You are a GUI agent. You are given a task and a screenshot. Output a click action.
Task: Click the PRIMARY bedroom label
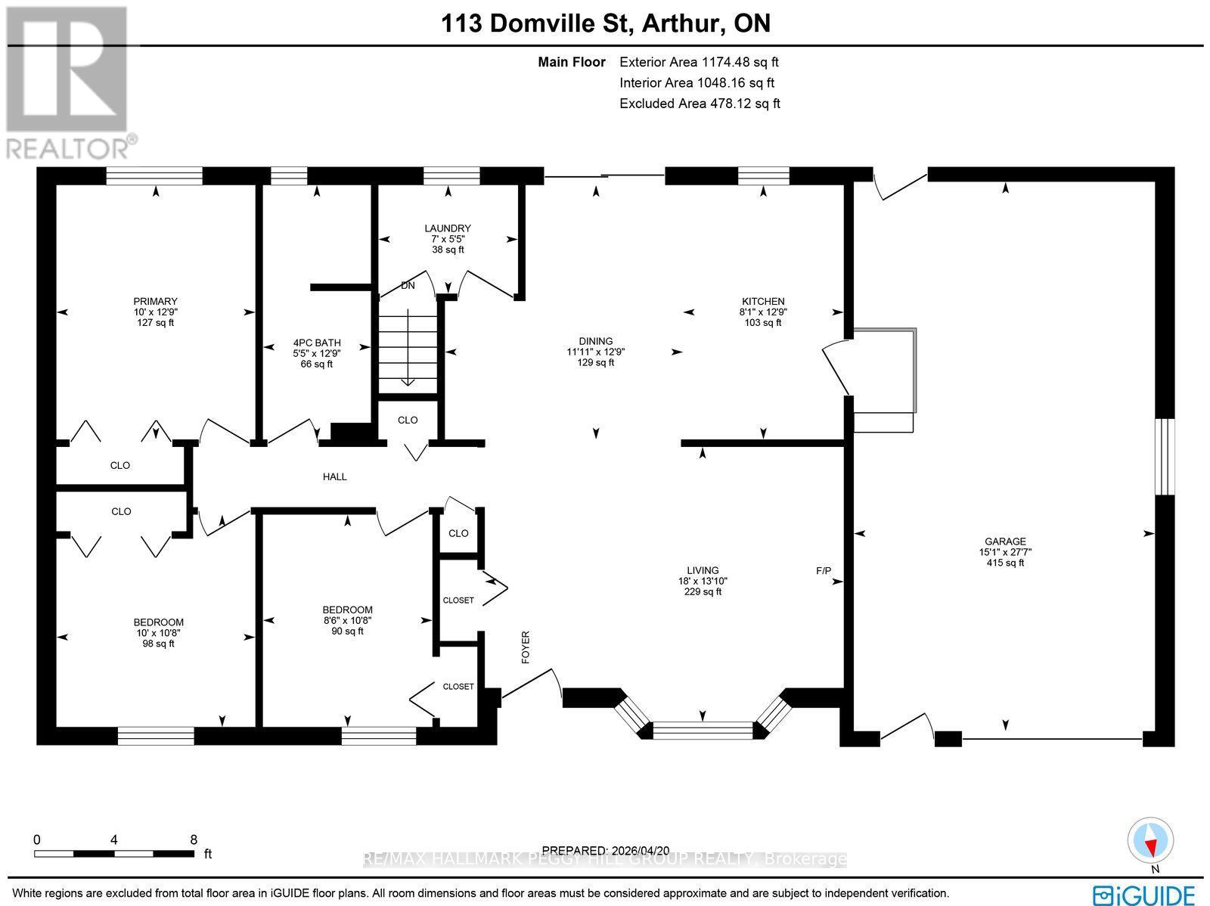155,301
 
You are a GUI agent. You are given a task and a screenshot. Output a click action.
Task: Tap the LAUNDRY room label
448,228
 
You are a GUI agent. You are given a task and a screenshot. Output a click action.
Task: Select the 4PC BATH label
317,343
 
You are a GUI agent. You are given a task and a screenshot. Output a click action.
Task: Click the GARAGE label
1005,541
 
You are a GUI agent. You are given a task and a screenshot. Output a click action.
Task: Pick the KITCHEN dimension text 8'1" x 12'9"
763,312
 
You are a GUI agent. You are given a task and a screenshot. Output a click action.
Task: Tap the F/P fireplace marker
824,570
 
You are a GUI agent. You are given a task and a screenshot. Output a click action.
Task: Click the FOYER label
526,647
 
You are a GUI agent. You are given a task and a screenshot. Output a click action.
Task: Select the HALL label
335,476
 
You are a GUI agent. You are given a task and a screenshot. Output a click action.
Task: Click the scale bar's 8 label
194,839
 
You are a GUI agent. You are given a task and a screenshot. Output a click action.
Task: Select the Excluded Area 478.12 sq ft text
700,104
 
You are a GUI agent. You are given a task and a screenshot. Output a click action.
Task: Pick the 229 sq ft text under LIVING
703,592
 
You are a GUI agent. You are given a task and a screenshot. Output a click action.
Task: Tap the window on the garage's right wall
1166,456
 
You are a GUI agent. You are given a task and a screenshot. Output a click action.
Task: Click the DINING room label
596,341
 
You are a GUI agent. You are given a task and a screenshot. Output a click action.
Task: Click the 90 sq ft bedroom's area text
348,631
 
